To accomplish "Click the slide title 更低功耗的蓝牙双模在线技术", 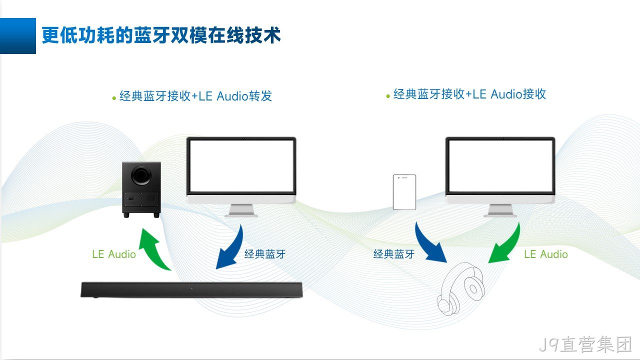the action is (x=161, y=35).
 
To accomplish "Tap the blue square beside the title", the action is (x=18, y=35).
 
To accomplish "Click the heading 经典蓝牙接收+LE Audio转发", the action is (x=195, y=96).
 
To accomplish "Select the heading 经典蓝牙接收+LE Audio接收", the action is (x=469, y=94).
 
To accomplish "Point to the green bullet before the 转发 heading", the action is (x=114, y=98).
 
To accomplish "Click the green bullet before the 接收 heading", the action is (x=387, y=96).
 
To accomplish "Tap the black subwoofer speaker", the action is (x=141, y=189).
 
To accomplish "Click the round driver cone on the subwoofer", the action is (x=141, y=175).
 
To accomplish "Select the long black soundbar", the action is (x=191, y=289).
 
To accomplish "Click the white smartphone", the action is (x=404, y=192).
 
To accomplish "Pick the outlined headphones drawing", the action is (x=460, y=288).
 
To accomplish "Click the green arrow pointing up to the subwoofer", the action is (x=152, y=250).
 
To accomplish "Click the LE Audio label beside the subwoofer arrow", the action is (x=114, y=254).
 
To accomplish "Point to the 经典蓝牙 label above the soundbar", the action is (x=265, y=254).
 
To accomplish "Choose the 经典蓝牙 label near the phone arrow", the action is (x=394, y=254).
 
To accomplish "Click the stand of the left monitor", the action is (x=241, y=211).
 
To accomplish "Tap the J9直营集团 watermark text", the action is (x=585, y=344).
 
